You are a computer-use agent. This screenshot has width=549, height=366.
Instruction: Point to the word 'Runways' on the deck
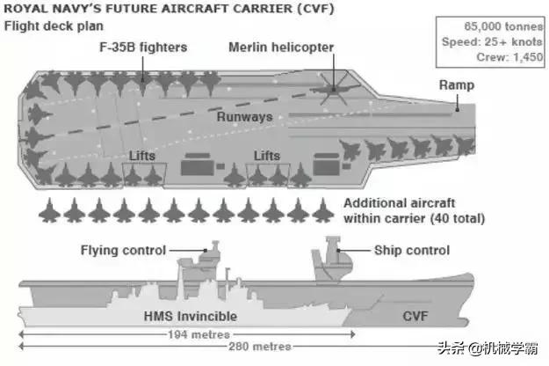tap(245, 116)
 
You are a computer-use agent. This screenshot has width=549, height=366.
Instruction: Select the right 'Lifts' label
tap(266, 155)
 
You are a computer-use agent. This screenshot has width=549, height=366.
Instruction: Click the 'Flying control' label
tap(123, 250)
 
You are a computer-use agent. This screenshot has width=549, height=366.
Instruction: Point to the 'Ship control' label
tap(413, 250)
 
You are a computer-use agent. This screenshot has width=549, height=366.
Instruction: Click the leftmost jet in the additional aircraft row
tap(50, 210)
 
